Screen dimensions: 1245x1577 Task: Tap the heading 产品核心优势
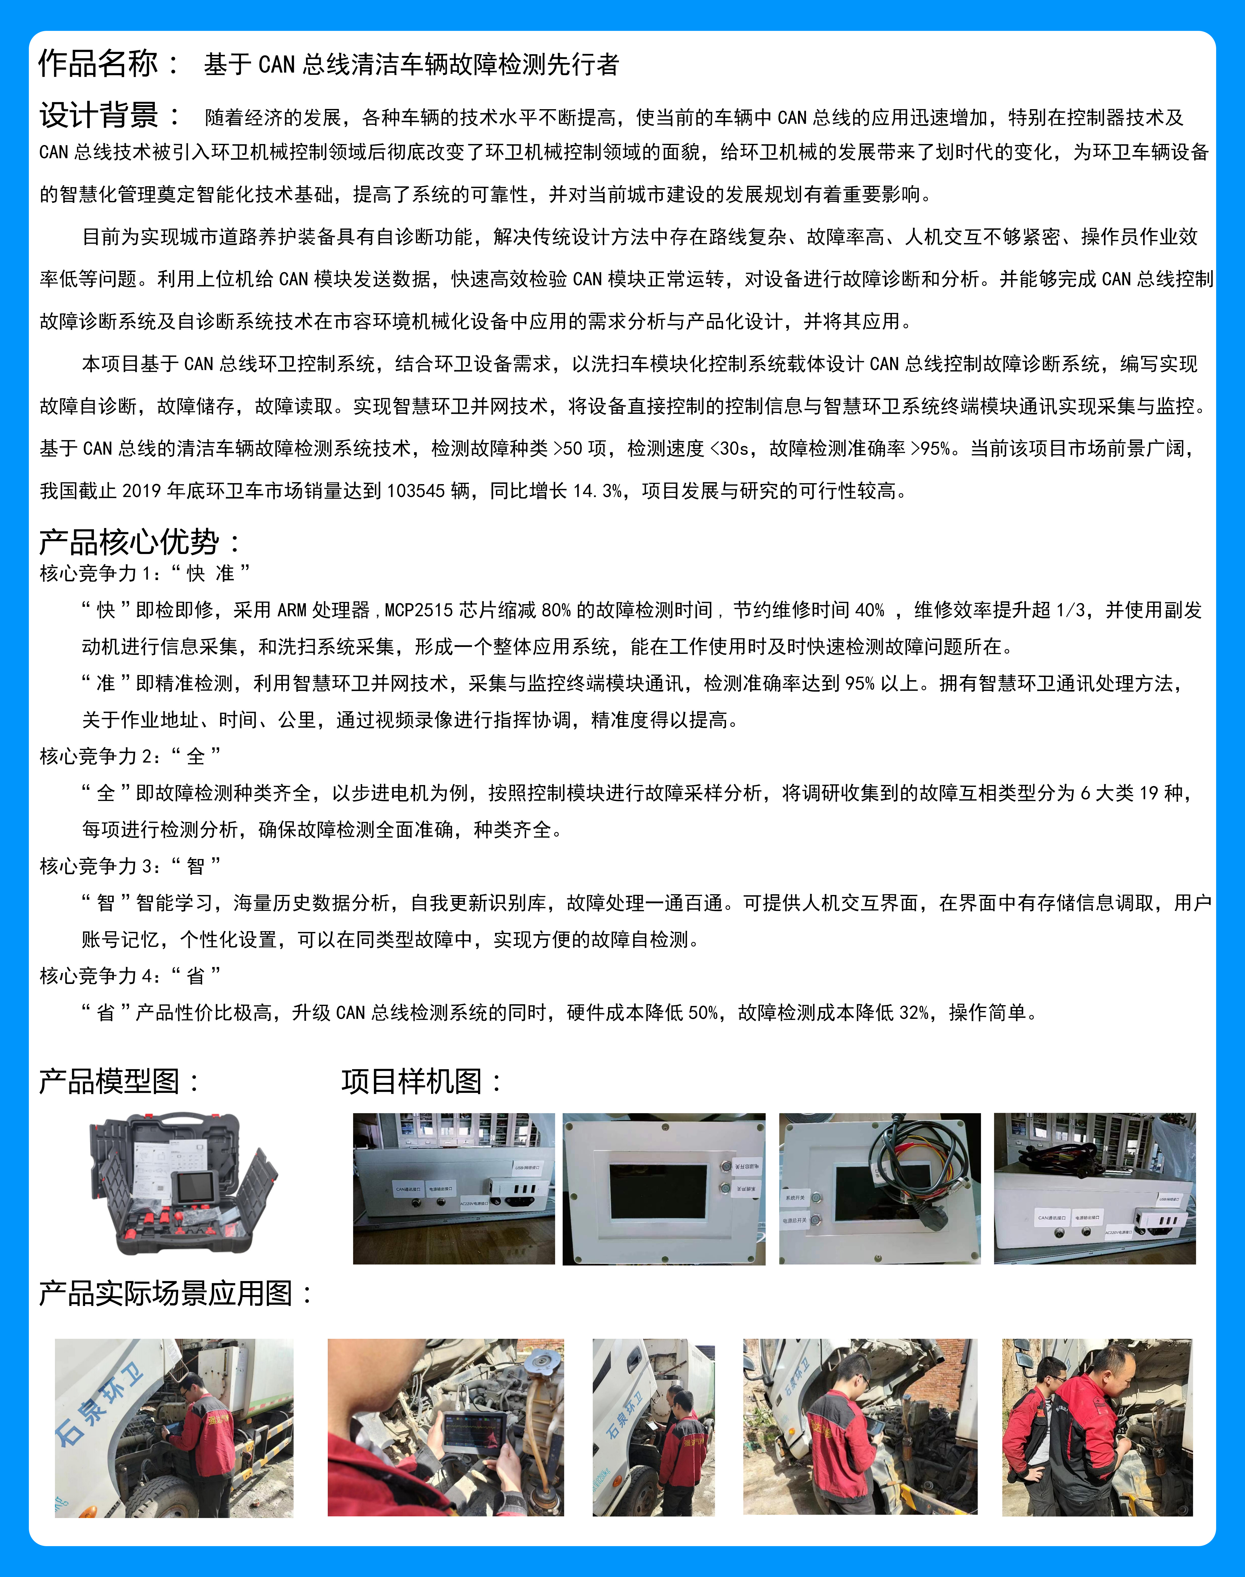click(x=129, y=542)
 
